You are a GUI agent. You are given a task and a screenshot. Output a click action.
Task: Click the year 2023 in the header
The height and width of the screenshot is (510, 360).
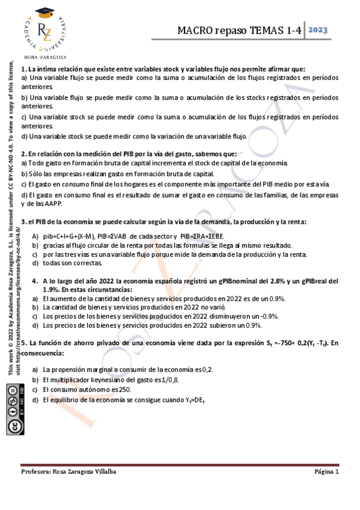point(319,31)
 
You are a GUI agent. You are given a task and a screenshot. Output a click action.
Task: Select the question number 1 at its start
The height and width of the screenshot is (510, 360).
point(23,69)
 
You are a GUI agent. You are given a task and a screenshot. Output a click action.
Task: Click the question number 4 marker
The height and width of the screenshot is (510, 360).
point(35,281)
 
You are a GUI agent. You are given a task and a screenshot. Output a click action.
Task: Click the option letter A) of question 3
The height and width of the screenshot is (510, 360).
point(35,236)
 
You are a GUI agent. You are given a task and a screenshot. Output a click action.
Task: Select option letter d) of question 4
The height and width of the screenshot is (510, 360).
point(35,325)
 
